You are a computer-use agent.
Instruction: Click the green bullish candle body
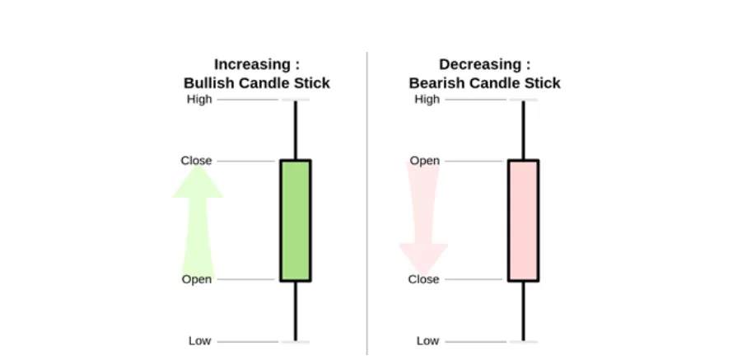point(296,221)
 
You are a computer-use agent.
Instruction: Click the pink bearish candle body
point(524,221)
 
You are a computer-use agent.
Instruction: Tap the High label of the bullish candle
point(199,100)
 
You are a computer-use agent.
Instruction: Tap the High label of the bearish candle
point(427,100)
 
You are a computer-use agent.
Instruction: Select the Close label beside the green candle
point(196,161)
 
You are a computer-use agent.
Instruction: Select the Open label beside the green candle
point(197,279)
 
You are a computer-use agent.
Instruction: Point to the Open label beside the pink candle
point(425,161)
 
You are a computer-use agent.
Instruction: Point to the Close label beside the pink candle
point(424,279)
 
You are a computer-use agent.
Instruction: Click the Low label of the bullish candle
point(199,341)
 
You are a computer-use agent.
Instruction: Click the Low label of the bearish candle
point(427,341)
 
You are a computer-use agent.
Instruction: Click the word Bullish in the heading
point(209,83)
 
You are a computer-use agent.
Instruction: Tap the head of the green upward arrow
point(198,180)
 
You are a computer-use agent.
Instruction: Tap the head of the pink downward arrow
point(423,259)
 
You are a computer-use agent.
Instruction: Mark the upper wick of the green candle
point(296,130)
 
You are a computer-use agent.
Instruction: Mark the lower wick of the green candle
point(296,311)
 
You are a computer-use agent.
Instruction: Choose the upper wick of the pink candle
point(524,130)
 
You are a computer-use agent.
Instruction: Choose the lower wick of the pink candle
point(524,311)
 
